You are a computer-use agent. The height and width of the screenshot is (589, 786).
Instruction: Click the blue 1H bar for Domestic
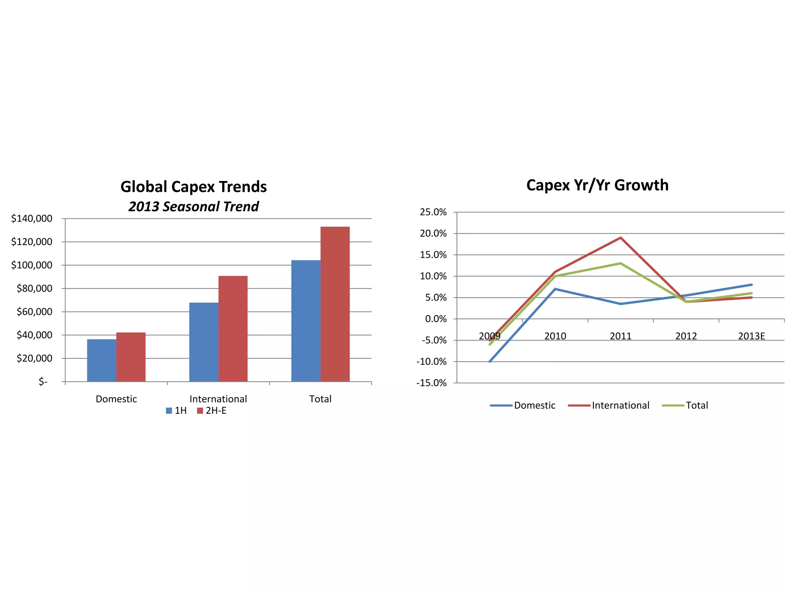pos(102,360)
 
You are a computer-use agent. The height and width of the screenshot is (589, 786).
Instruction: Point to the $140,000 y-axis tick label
pos(32,219)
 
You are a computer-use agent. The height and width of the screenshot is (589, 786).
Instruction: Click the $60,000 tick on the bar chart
pos(35,312)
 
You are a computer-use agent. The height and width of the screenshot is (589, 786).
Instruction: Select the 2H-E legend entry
pos(212,411)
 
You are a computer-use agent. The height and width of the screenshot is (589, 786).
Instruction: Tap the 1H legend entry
pos(177,411)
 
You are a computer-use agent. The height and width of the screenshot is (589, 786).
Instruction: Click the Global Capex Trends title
pos(193,187)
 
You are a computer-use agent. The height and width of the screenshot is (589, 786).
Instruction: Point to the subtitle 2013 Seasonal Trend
pos(193,207)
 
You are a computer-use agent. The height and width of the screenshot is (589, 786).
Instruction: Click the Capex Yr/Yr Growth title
pos(597,185)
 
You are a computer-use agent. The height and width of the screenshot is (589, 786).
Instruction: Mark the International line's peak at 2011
pos(621,238)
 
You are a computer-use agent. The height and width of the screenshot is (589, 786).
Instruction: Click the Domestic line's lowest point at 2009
pos(490,362)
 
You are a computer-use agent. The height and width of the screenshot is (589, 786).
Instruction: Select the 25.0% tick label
pos(433,212)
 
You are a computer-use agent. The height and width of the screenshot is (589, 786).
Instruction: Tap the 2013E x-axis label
pos(751,336)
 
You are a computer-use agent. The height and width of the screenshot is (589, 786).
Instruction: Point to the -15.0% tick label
pos(432,383)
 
